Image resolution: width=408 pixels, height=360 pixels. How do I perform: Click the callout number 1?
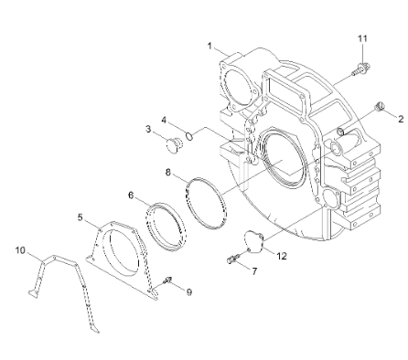point(209,46)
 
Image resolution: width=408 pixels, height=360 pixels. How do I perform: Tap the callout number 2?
point(400,120)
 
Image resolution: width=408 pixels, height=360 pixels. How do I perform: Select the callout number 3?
point(148,131)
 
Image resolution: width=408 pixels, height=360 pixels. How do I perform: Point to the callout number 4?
point(164,121)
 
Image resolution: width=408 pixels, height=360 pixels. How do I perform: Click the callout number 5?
point(81,217)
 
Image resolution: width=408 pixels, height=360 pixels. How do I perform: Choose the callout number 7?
point(255,272)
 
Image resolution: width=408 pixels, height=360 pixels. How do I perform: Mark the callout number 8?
point(168,170)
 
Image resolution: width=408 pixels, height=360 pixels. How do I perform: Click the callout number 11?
point(361,37)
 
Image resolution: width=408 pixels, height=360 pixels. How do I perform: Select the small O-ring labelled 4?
point(188,136)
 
